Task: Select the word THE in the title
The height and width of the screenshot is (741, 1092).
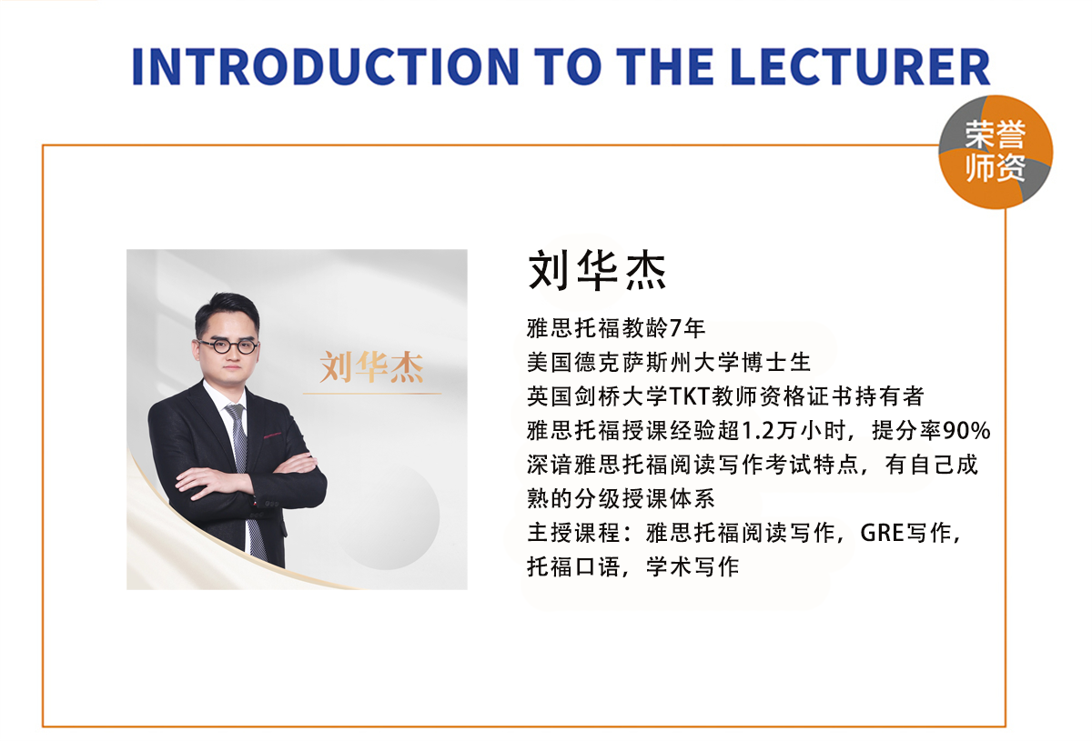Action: [674, 65]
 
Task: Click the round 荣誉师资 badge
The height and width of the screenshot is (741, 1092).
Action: [996, 152]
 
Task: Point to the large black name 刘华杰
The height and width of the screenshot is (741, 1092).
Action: [597, 270]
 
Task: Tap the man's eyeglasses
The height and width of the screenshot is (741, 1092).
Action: [227, 345]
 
